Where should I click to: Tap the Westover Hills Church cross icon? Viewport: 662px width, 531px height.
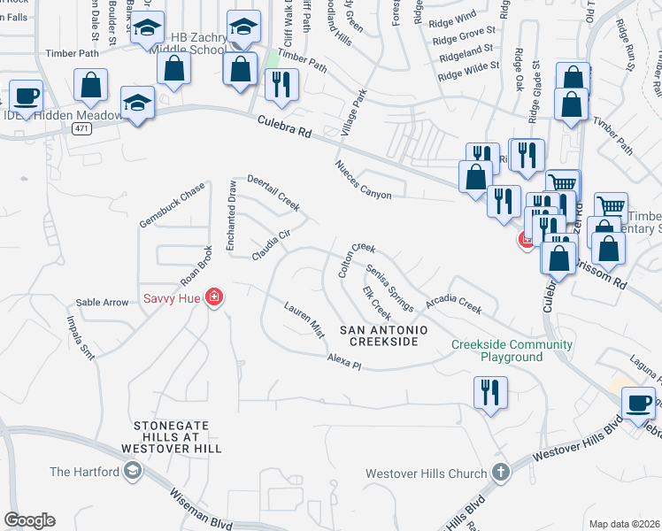tap(500, 473)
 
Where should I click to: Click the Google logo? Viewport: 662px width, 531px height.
tap(29, 520)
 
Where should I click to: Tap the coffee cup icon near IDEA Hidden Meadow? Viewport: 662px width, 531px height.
tap(25, 96)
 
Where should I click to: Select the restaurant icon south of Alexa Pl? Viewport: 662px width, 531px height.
tap(490, 392)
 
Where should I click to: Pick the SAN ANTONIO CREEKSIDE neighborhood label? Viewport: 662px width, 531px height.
tap(384, 335)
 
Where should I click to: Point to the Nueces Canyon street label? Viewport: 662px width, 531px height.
tap(363, 181)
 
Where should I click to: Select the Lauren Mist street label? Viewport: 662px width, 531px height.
tap(304, 319)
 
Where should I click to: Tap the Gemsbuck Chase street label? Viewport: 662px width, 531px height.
tap(172, 204)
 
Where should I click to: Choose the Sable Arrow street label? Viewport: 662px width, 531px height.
tap(102, 302)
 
